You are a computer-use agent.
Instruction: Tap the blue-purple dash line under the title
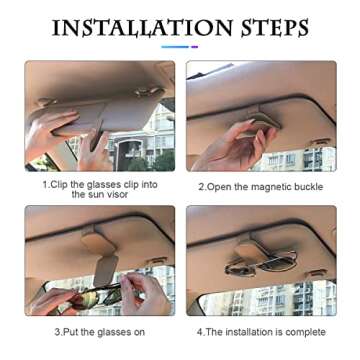coord(180,46)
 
